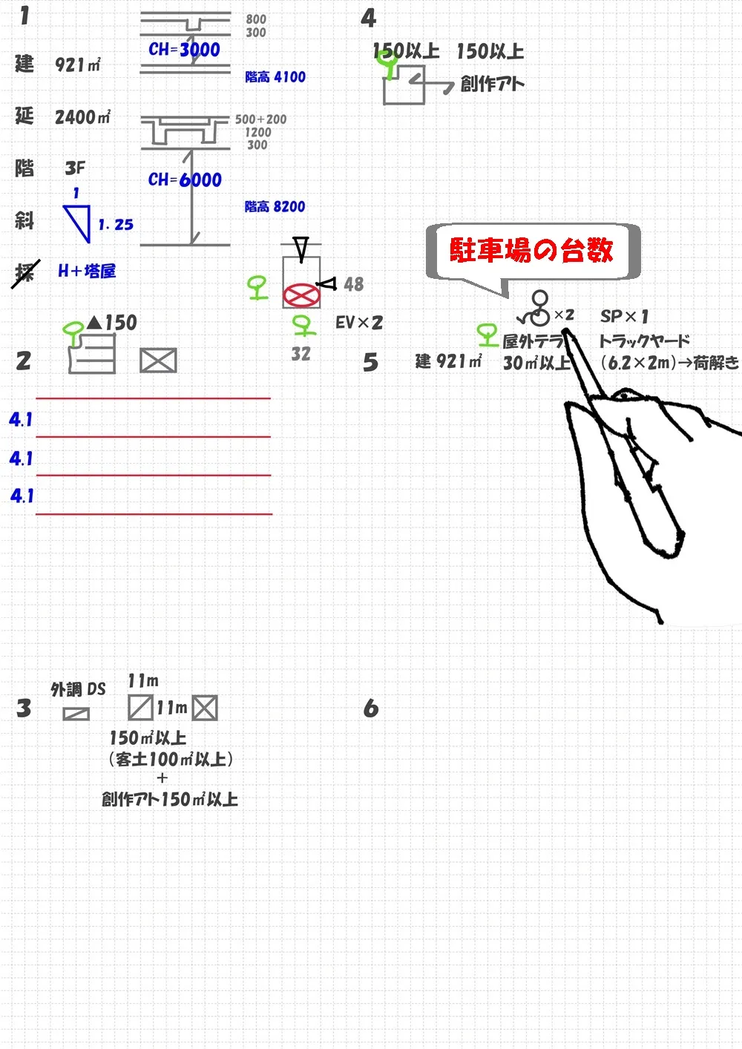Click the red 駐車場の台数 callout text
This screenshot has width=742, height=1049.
click(531, 251)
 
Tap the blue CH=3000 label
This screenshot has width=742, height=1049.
click(184, 50)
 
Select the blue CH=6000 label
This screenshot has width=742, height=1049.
click(185, 180)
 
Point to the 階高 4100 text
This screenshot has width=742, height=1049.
click(275, 76)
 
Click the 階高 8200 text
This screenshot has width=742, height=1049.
click(275, 206)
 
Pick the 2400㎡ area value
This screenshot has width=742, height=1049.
click(82, 116)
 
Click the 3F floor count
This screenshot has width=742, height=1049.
click(75, 168)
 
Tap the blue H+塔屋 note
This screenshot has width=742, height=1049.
click(87, 271)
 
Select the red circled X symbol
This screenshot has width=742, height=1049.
click(301, 295)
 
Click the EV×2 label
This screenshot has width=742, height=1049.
click(359, 323)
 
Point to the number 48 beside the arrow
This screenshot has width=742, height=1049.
click(354, 284)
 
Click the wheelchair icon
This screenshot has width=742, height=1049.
click(536, 309)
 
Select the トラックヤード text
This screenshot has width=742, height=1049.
click(644, 341)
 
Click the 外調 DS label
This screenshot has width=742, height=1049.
click(78, 689)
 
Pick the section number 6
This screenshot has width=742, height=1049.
click(371, 708)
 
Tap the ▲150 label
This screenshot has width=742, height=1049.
click(112, 323)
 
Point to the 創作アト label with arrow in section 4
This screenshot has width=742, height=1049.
click(492, 84)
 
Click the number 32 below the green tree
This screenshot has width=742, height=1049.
click(301, 354)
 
